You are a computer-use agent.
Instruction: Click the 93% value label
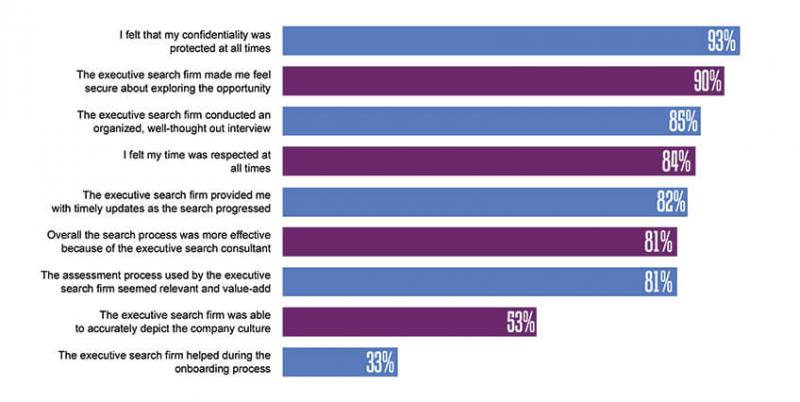(x=721, y=41)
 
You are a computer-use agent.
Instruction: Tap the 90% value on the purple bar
(x=707, y=81)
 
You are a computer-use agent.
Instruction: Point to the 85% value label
(x=684, y=121)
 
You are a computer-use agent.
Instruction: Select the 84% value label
(x=679, y=161)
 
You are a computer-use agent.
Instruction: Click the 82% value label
(x=671, y=201)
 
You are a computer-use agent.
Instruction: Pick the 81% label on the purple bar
(x=660, y=241)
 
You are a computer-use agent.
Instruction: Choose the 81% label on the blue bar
(x=660, y=281)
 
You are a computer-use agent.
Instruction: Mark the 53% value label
(x=520, y=321)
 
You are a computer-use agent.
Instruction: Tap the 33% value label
(x=380, y=361)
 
